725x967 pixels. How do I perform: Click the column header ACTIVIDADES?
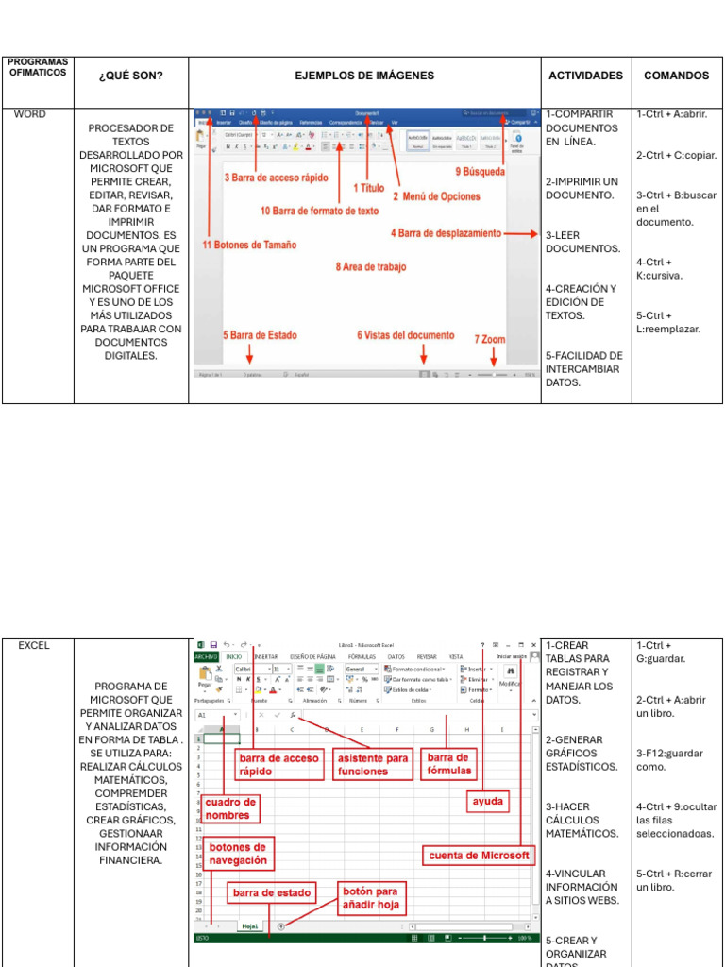pos(585,76)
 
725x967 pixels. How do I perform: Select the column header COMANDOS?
pos(676,76)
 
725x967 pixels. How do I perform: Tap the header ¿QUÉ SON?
pos(131,76)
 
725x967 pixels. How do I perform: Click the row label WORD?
pos(29,114)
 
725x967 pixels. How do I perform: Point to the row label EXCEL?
pos(33,646)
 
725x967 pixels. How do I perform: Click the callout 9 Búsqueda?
pos(480,172)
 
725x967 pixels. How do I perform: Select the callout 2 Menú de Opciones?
pos(441,196)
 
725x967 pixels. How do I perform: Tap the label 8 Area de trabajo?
pos(371,267)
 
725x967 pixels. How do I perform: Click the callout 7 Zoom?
pos(490,338)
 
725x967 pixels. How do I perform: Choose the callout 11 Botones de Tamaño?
pos(249,245)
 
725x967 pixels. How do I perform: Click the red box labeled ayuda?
pos(488,802)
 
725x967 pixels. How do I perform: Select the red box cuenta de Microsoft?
pos(480,856)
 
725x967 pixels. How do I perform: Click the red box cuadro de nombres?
pos(229,808)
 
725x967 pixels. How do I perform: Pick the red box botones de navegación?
pos(237,854)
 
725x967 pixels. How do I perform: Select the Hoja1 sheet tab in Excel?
pos(250,926)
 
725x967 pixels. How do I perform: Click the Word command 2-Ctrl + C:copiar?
pos(676,155)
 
